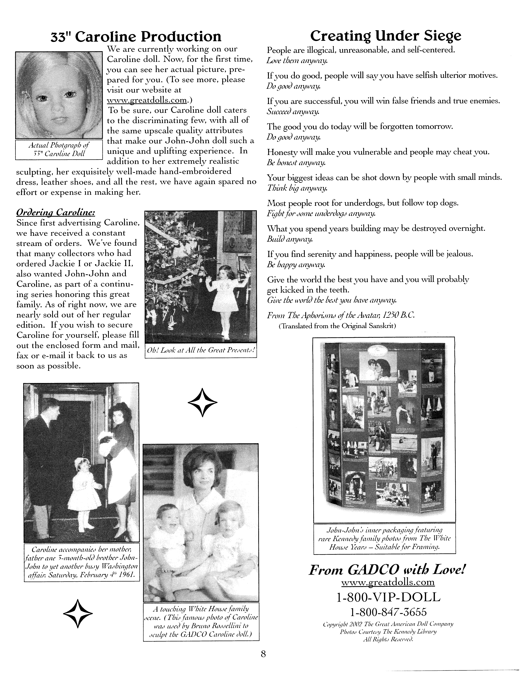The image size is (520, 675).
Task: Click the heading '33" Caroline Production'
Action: (136, 36)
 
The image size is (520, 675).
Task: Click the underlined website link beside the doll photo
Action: (147, 100)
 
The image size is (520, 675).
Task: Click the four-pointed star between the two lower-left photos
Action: (202, 402)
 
